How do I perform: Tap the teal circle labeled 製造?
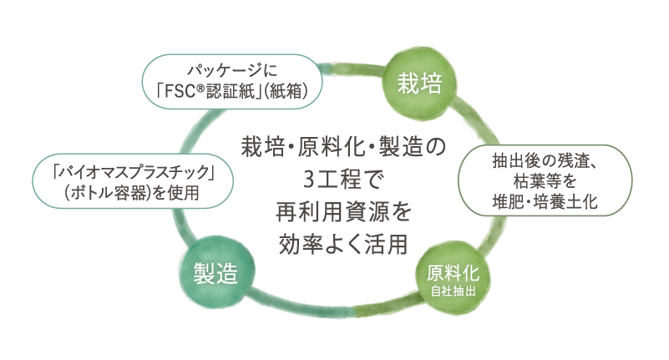pyautogui.click(x=214, y=273)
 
